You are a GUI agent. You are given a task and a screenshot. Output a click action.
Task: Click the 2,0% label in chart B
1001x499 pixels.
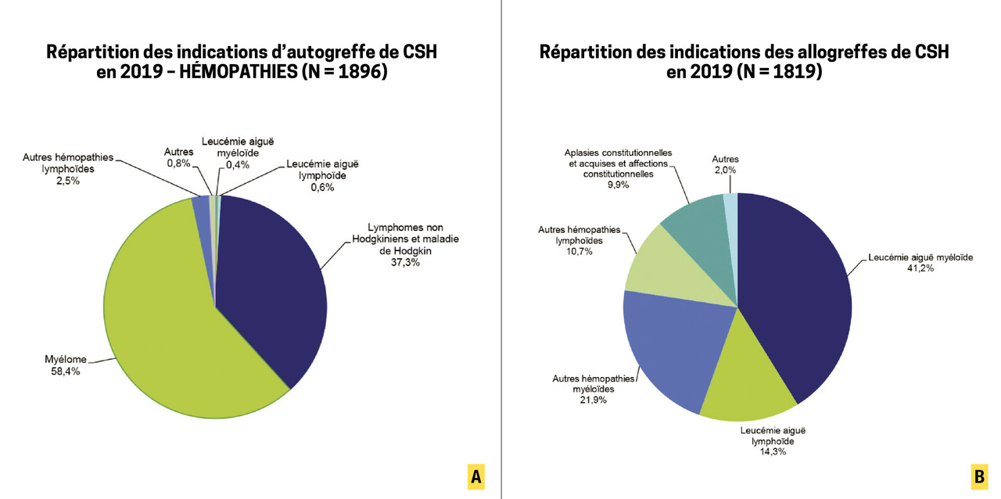tap(725, 170)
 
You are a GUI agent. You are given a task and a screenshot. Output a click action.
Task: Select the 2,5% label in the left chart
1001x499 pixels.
tap(67, 180)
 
